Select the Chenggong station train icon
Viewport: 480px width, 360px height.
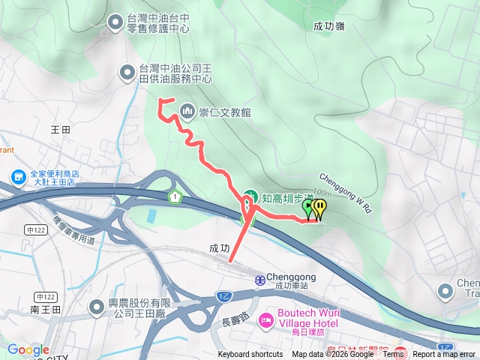coord(259,279)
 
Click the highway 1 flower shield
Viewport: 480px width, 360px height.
coord(175,197)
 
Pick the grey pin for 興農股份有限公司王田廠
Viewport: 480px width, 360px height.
coord(97,307)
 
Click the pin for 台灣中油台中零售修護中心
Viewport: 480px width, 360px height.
coord(115,23)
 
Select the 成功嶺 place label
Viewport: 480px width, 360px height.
coord(329,25)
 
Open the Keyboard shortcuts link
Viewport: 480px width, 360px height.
coord(250,355)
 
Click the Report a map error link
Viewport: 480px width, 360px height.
coord(445,355)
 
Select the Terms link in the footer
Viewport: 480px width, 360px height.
coord(393,355)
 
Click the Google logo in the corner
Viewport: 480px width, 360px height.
coord(28,349)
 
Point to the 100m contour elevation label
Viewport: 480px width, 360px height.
coord(322,193)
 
